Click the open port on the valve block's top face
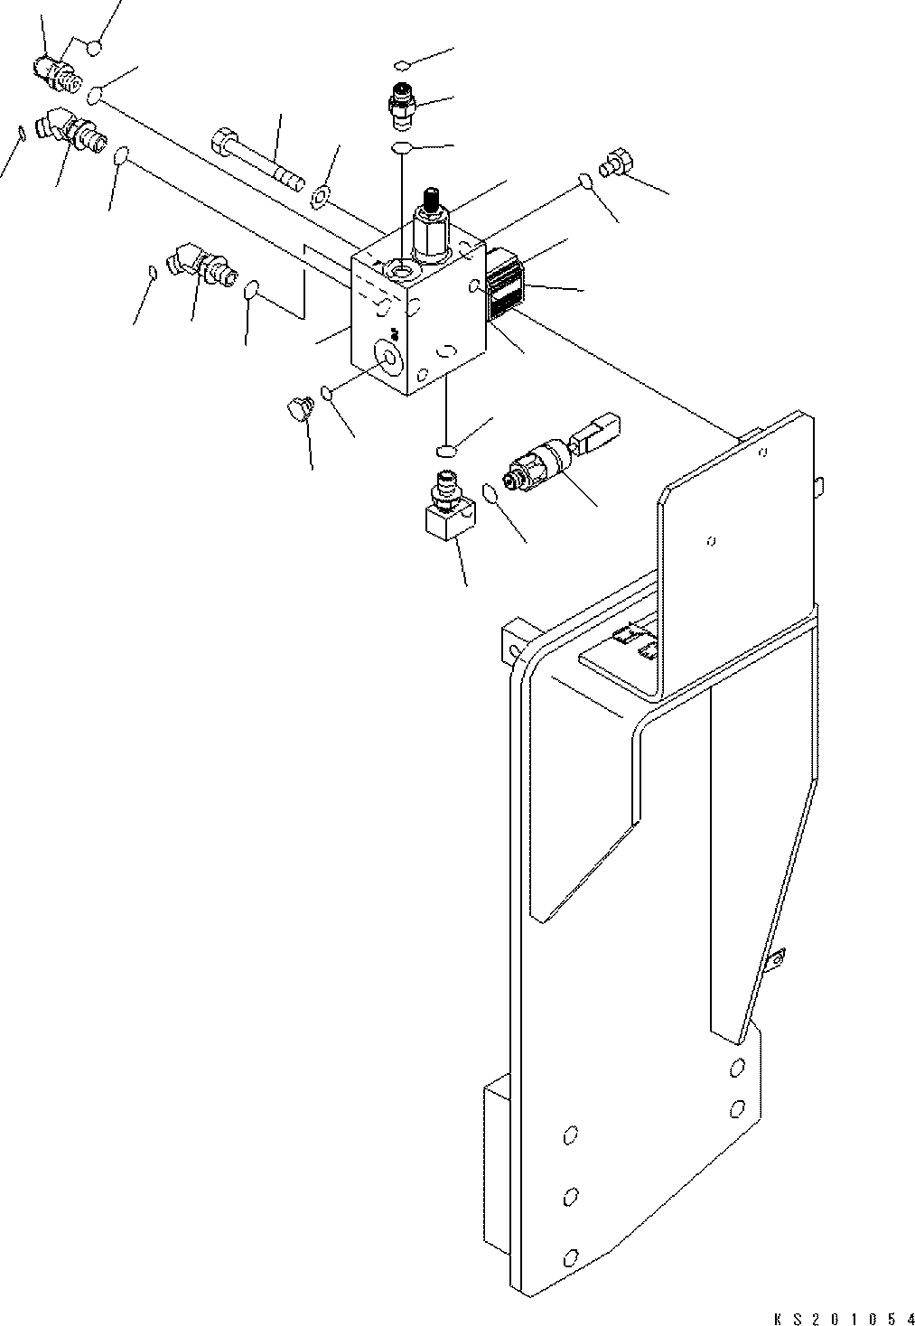[398, 269]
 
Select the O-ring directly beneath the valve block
[444, 449]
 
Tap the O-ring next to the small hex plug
[584, 182]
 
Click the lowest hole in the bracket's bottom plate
[569, 1256]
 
